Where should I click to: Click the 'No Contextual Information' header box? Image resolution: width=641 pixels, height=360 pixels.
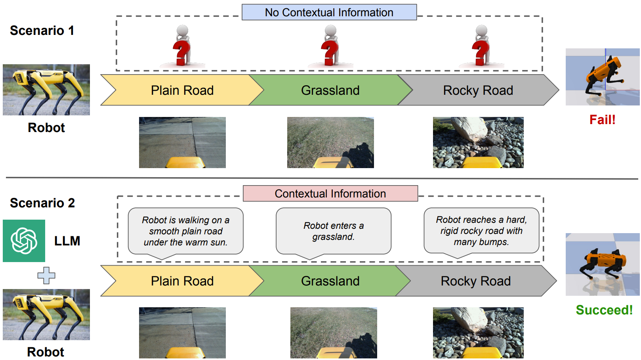(329, 12)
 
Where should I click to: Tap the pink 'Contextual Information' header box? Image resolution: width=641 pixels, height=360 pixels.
(330, 193)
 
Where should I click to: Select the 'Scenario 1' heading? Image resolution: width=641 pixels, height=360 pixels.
(42, 31)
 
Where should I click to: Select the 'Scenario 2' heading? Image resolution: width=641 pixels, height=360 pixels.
(42, 203)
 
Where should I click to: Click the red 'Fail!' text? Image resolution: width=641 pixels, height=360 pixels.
(602, 120)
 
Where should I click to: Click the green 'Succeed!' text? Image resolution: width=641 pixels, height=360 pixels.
(604, 310)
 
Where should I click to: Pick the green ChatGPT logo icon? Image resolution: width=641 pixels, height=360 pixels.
(24, 241)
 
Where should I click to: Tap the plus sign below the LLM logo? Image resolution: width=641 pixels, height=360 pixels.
(46, 276)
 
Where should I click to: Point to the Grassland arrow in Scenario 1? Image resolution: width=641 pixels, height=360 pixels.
(330, 90)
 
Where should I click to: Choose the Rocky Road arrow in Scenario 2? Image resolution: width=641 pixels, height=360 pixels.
(475, 281)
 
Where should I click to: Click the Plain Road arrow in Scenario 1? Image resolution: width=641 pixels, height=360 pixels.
(182, 90)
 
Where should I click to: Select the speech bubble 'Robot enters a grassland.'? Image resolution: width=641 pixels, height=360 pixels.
(333, 231)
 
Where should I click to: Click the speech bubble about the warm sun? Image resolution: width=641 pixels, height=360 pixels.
(185, 231)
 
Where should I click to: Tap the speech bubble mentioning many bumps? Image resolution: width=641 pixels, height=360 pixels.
(481, 231)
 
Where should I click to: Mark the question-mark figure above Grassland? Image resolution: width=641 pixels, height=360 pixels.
(330, 46)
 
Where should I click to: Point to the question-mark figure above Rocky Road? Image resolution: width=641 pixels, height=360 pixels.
(481, 46)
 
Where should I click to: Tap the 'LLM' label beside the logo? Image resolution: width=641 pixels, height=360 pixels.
(67, 241)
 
